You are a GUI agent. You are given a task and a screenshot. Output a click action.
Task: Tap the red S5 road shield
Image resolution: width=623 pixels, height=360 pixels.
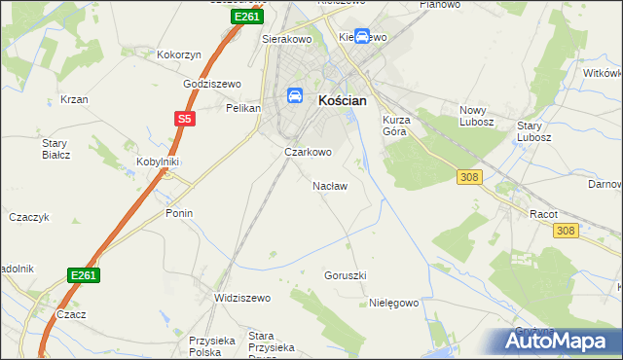tap(185, 119)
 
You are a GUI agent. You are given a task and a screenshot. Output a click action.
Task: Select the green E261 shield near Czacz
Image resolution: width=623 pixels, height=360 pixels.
tap(84, 276)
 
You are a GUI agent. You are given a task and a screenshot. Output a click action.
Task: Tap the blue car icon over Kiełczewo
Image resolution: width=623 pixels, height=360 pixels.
tap(362, 37)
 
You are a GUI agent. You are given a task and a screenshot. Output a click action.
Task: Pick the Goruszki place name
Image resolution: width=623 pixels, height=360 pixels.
tap(345, 275)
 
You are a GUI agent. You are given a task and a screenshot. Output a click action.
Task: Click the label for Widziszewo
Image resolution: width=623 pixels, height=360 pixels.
tap(241, 298)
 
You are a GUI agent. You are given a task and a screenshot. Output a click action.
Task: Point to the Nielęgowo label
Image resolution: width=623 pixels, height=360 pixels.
tap(393, 303)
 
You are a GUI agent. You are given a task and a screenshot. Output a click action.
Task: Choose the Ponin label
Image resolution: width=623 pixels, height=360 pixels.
tap(179, 213)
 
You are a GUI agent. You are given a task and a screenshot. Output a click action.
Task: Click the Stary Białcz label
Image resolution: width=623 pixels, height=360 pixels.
tap(54, 149)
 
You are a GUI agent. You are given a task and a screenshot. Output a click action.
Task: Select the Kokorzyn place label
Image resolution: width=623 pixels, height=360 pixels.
tap(178, 55)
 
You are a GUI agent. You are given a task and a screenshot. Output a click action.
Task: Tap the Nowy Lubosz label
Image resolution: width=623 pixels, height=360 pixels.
tap(478, 116)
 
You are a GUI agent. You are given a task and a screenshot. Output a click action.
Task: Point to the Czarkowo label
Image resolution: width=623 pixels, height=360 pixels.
tap(308, 153)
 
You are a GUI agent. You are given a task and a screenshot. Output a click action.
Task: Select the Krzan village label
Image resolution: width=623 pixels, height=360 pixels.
tap(74, 99)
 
